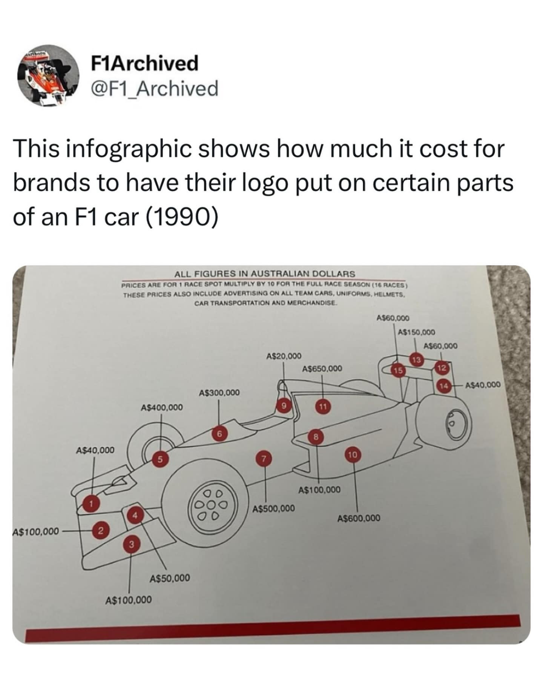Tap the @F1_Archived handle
pos(155,89)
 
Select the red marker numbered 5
pos(160,459)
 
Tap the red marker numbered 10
pos(353,454)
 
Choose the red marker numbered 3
pos(131,543)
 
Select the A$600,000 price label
pos(359,518)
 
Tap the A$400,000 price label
pos(161,407)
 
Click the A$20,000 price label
pos(284,356)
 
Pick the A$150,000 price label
pos(417,332)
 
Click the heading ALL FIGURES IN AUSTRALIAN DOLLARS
pos(264,273)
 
